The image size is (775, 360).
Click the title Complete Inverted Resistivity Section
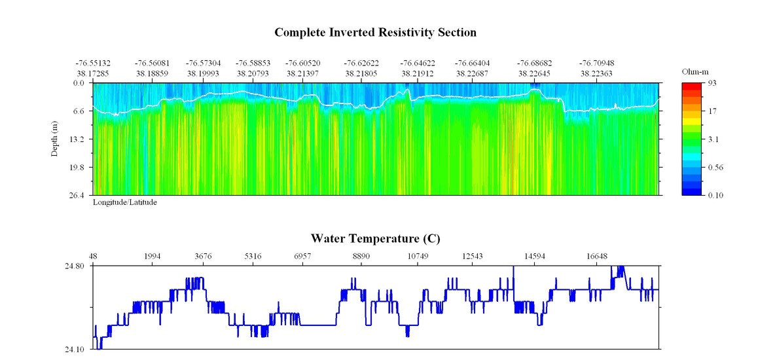pyautogui.click(x=375, y=32)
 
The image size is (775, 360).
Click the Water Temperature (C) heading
pyautogui.click(x=375, y=239)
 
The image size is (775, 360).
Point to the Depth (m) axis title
pyautogui.click(x=55, y=139)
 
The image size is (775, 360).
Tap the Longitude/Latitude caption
pyautogui.click(x=124, y=202)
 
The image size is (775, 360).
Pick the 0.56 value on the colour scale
pyautogui.click(x=715, y=167)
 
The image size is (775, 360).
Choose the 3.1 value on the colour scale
pyautogui.click(x=713, y=139)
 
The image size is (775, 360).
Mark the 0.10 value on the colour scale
pyautogui.click(x=715, y=195)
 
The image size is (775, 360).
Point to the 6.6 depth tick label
pyautogui.click(x=79, y=111)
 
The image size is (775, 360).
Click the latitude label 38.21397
pyautogui.click(x=302, y=74)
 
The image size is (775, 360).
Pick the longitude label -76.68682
pyautogui.click(x=534, y=63)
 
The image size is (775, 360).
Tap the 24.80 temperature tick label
pyautogui.click(x=75, y=266)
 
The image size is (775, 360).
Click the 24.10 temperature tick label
pyautogui.click(x=75, y=349)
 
